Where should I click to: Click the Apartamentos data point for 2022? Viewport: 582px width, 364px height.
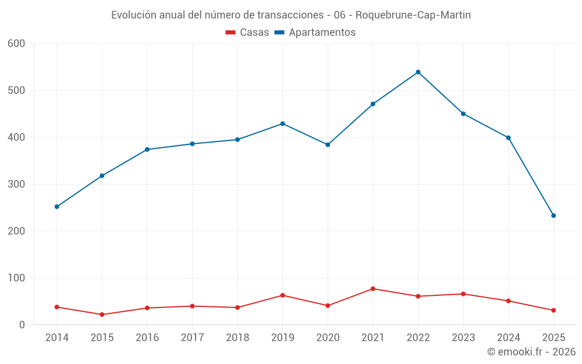point(418,72)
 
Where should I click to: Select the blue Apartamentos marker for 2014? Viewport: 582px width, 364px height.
point(56,207)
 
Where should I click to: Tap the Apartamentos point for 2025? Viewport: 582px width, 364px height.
point(553,215)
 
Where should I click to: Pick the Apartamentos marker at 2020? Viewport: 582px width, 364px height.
point(328,144)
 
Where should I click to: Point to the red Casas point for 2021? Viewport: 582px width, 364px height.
point(373,289)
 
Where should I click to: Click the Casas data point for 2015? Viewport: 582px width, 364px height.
point(102,314)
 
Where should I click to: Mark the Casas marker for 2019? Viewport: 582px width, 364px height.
point(282,295)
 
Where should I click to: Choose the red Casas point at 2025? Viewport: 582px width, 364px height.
point(553,310)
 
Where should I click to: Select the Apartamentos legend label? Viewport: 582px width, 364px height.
point(322,33)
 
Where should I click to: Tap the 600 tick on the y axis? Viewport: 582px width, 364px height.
point(17,44)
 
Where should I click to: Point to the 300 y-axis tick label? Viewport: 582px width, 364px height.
point(17,184)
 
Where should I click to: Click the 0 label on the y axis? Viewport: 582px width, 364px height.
point(22,325)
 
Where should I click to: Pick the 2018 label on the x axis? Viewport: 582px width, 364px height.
point(237,338)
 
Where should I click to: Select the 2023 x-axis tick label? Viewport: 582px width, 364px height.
point(463,338)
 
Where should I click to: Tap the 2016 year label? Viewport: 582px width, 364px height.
point(147,338)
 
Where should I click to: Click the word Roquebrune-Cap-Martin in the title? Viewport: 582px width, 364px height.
point(413,15)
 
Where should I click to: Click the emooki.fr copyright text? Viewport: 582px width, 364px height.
point(531,352)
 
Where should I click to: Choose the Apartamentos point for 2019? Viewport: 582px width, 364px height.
point(282,123)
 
